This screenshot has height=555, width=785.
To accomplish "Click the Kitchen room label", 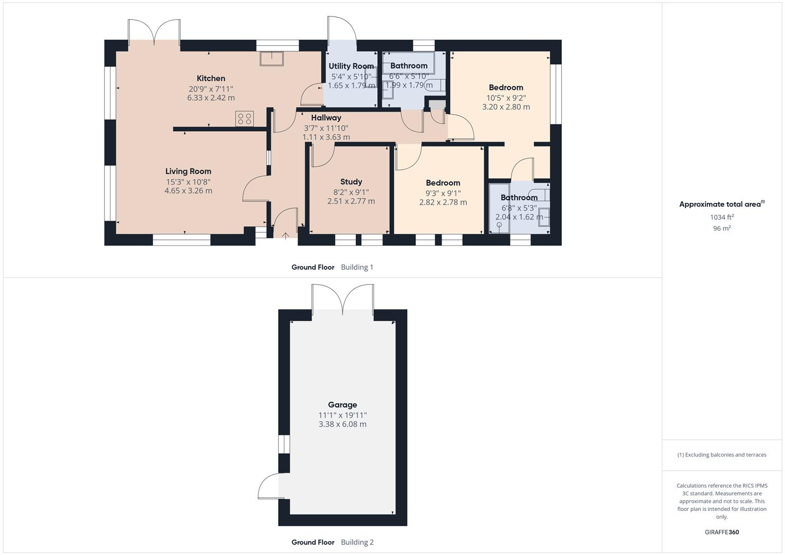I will click(x=211, y=79).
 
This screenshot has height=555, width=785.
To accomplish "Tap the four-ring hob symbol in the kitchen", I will click(x=244, y=119).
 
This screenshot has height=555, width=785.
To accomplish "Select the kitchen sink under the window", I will click(x=272, y=59).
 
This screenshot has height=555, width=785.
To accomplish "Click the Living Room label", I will click(x=188, y=172).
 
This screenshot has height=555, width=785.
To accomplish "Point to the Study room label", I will click(x=351, y=182).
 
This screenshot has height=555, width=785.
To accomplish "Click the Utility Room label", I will click(x=351, y=66).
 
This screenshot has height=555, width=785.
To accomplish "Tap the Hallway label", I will click(x=326, y=118).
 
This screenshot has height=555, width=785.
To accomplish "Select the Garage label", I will click(x=342, y=405).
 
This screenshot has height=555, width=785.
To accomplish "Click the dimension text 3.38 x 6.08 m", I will click(x=342, y=424).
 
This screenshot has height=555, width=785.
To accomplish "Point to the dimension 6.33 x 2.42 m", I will click(x=211, y=98).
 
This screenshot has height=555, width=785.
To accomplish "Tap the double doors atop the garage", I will click(x=343, y=300).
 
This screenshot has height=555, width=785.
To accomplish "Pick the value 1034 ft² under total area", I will click(x=722, y=217).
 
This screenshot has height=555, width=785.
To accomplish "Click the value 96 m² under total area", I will click(x=722, y=228).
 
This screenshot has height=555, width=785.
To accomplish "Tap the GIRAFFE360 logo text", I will click(x=722, y=532).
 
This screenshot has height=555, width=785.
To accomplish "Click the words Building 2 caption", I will click(x=357, y=542).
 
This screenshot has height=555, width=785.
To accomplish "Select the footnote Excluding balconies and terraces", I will click(x=722, y=455).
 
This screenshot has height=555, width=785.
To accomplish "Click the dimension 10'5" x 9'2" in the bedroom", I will click(x=506, y=98).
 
